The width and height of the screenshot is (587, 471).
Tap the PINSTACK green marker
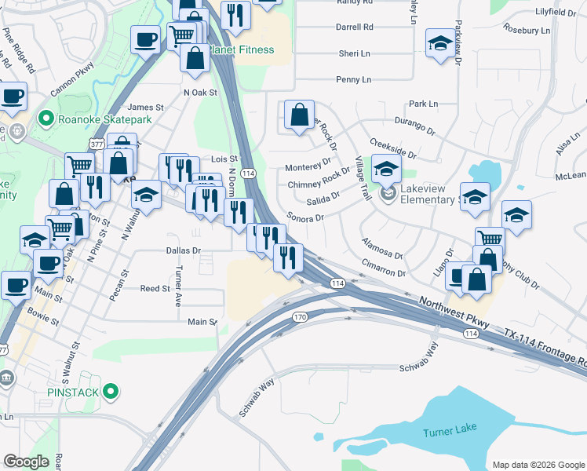[111, 390]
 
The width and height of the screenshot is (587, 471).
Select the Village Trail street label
[362, 178]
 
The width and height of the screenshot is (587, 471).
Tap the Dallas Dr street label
[184, 250]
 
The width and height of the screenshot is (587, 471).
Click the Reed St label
[155, 289]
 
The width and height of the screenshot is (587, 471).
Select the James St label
[145, 108]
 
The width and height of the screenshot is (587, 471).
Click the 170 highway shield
[300, 317]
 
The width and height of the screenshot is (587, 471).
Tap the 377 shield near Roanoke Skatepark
[97, 144]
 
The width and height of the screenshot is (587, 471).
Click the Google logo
[27, 462]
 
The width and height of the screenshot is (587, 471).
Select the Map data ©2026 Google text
[538, 465]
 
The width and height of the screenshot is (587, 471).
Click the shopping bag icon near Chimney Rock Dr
[299, 115]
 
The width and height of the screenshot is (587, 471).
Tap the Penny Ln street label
[353, 80]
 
